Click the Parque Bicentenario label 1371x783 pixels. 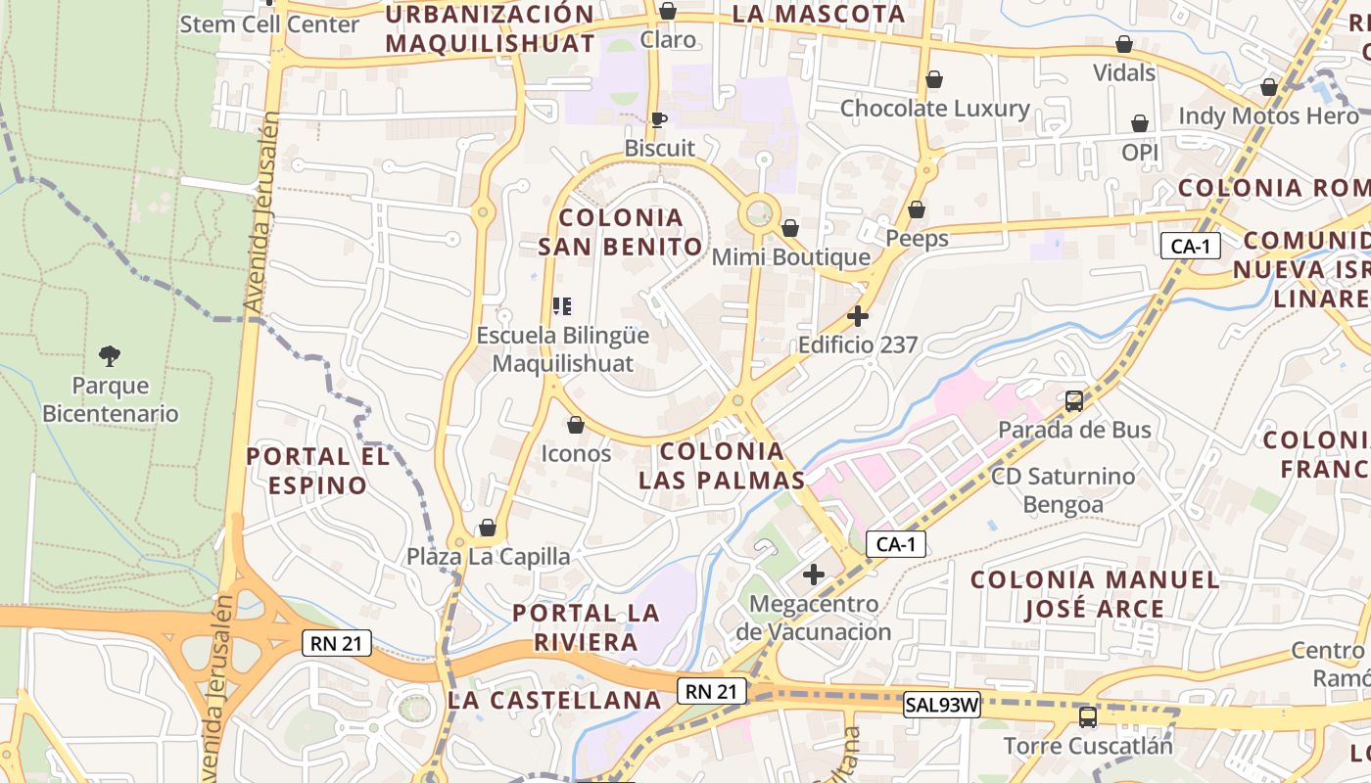110,399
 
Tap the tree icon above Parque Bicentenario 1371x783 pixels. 110,355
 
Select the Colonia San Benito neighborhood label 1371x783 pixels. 621,231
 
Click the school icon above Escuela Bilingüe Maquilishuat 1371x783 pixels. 562,306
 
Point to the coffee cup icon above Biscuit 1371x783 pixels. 659,119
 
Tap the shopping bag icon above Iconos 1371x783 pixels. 576,425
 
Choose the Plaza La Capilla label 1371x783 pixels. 489,557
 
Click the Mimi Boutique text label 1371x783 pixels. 790,257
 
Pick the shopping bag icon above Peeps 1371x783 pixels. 917,209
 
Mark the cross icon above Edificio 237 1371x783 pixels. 858,316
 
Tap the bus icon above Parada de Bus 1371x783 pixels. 1074,400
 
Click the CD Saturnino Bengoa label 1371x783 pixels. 1064,490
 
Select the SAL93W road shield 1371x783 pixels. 941,704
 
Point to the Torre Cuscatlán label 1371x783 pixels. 1087,746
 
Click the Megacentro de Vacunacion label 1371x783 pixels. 813,618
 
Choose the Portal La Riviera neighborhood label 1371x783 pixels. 587,627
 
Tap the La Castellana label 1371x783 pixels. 554,700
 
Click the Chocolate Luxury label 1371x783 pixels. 934,108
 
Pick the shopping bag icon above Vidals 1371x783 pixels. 1124,44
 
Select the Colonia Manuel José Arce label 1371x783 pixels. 1095,594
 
